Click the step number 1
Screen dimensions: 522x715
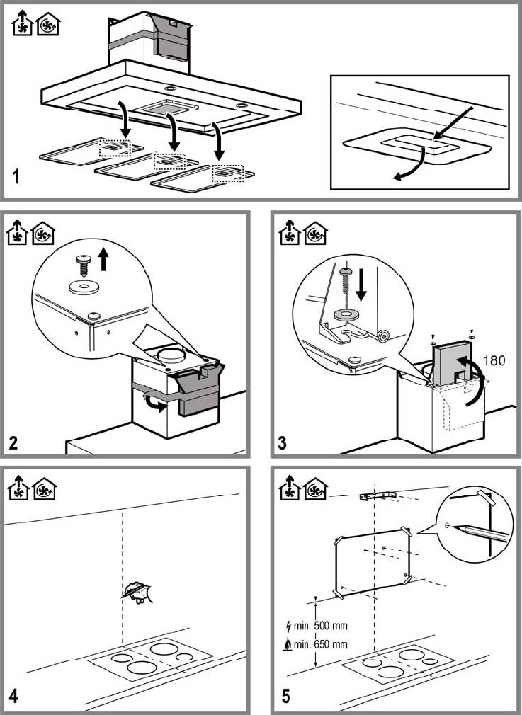(x=16, y=176)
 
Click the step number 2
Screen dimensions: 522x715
(x=13, y=442)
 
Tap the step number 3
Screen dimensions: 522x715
(x=282, y=442)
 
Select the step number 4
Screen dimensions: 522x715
(x=13, y=697)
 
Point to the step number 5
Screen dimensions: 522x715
(x=285, y=697)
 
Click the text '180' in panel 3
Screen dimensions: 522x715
(x=494, y=361)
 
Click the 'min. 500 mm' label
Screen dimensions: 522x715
(x=320, y=626)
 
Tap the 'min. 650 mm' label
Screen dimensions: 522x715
(x=320, y=644)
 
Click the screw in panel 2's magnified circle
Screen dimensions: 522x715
(x=83, y=265)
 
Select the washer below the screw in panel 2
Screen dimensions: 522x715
(x=83, y=287)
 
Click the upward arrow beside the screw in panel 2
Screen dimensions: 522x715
(x=104, y=259)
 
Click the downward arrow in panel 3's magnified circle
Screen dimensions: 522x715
(x=361, y=285)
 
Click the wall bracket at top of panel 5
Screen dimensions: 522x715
(x=378, y=496)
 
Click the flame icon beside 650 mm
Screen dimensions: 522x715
(x=288, y=645)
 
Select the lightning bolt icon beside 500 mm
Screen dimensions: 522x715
(x=288, y=626)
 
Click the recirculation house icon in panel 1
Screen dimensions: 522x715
(x=48, y=24)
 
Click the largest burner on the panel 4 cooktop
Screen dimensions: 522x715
(x=142, y=668)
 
